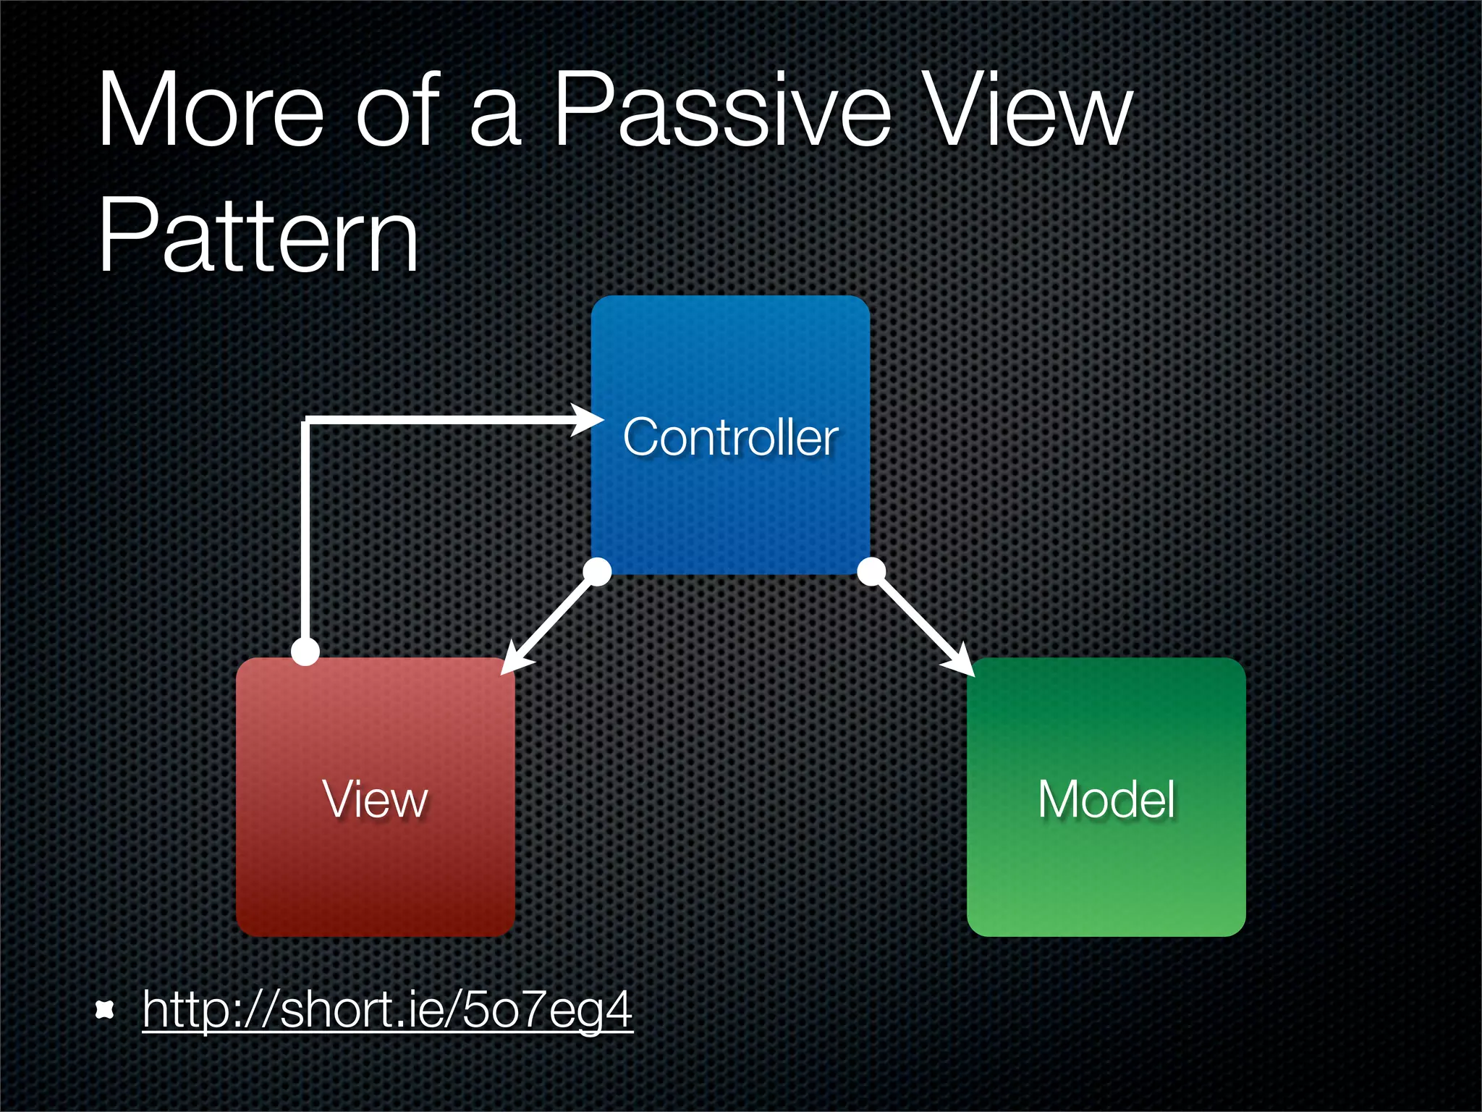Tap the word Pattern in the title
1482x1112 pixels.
[258, 235]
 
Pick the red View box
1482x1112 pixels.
[375, 869]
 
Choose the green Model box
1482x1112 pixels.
[1106, 869]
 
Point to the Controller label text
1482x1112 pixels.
[730, 437]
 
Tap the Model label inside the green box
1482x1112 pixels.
[1106, 799]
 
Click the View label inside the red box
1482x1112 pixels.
[375, 799]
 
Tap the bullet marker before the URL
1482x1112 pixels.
[106, 1009]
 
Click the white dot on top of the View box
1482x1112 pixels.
[305, 651]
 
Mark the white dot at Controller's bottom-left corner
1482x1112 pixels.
[597, 571]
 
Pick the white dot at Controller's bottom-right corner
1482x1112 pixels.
[871, 571]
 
